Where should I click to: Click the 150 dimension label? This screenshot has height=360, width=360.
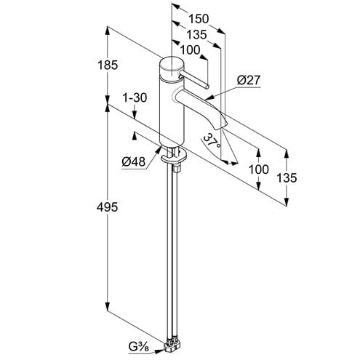(x=199, y=19)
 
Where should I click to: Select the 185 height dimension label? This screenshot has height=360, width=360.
(x=108, y=65)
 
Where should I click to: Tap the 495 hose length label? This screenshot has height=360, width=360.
(x=107, y=207)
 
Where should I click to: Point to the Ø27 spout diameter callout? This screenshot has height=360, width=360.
(x=249, y=80)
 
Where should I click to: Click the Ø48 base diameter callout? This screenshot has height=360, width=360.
(x=134, y=161)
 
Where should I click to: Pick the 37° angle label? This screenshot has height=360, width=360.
(x=212, y=141)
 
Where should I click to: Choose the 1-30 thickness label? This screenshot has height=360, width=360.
(x=135, y=98)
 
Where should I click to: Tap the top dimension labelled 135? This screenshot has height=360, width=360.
(x=196, y=35)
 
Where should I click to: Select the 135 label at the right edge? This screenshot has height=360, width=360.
(x=287, y=178)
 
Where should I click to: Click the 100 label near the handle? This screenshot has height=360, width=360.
(x=190, y=50)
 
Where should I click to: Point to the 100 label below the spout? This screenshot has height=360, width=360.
(x=259, y=169)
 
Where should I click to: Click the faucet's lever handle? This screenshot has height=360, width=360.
(x=193, y=79)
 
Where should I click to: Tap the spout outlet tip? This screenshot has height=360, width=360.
(x=221, y=126)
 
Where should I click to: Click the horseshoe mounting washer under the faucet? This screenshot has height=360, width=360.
(x=174, y=157)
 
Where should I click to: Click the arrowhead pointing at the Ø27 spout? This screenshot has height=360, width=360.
(x=208, y=97)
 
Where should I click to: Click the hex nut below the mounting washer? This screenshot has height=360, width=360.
(x=177, y=168)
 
